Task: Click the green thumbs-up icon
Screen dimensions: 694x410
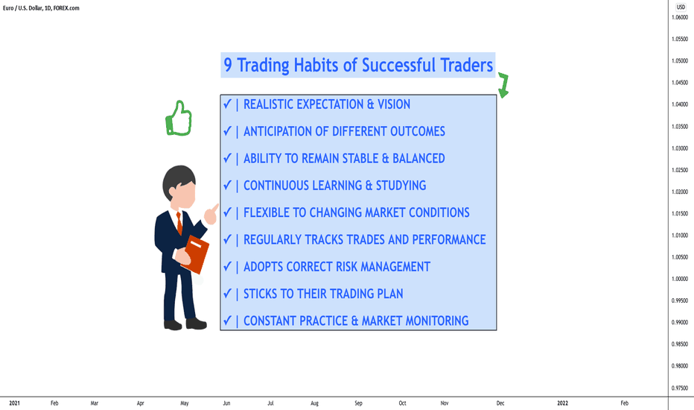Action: coord(179,119)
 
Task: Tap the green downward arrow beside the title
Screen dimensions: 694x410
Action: coord(503,85)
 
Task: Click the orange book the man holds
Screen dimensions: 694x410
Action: coord(195,254)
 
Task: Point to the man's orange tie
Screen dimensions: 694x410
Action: coord(179,224)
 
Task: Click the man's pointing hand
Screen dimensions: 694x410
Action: coord(211,214)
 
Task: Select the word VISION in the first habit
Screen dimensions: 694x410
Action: coord(393,104)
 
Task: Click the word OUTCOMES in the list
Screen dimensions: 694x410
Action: coord(418,132)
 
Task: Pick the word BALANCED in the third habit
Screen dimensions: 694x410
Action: coord(418,159)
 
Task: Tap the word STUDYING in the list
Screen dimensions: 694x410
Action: coord(401,186)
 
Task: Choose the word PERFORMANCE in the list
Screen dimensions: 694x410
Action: coord(449,240)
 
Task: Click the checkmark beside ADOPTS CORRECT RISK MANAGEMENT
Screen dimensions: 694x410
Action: coord(228,266)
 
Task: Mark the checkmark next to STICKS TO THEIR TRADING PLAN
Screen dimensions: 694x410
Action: coord(228,293)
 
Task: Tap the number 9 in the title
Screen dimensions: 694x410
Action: coord(228,65)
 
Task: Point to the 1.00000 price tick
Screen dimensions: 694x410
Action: coord(679,279)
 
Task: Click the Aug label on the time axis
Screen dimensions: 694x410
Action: coord(314,403)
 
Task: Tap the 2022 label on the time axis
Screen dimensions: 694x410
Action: coord(562,403)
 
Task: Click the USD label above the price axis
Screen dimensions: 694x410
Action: coord(681,7)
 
